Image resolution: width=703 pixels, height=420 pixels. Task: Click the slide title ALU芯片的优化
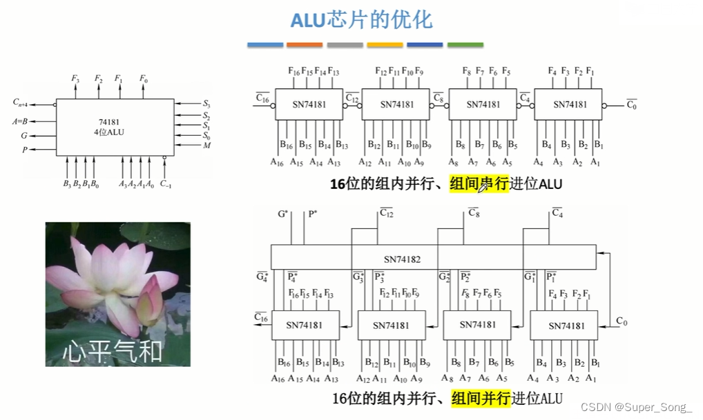coord(361,19)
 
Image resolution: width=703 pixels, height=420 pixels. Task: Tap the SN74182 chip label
coord(402,259)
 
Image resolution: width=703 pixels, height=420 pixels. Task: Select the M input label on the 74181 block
coord(207,146)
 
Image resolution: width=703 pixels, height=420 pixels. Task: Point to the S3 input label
coord(206,103)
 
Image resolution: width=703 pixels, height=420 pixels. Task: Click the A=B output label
coord(20,121)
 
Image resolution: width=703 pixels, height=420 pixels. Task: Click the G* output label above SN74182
coord(282,214)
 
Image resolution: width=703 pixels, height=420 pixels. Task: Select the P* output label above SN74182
coord(312,214)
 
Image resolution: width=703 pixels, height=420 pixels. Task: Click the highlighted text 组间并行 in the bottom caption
coord(481,399)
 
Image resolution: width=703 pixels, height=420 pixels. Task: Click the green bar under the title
coord(465,45)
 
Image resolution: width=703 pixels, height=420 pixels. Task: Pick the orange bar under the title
coord(305,45)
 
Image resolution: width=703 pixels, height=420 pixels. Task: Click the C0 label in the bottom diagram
coord(622,322)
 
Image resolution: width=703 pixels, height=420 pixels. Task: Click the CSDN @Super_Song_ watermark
coord(636,408)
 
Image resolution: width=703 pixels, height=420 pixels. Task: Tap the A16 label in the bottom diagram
coord(278,379)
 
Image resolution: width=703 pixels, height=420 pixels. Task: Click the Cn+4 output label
coord(20,103)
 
